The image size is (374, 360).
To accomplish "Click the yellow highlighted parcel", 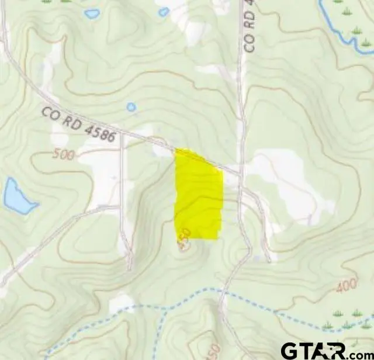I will tap(199, 196).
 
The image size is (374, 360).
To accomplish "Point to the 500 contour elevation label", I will tap(63, 155).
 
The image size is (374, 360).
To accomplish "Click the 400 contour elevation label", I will tap(347, 286).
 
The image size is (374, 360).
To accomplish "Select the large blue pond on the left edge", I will tap(18, 196).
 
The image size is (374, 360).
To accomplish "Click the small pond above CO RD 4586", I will tap(131, 107).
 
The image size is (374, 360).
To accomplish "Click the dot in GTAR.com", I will tap(342, 356).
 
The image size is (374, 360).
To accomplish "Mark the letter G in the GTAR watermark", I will tap(290, 351).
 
